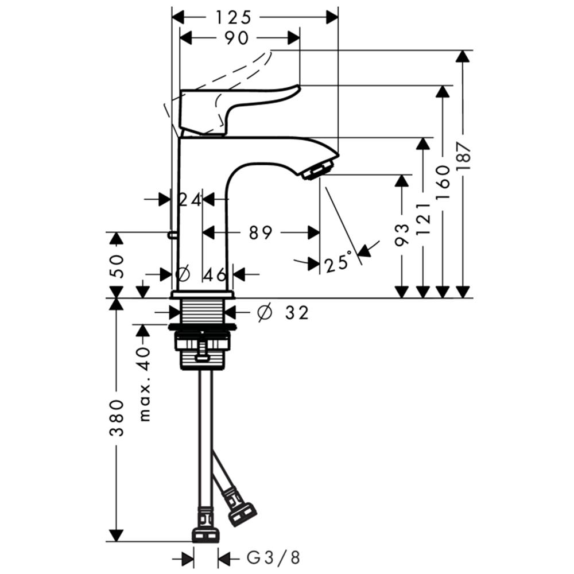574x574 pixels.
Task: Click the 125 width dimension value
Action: pyautogui.click(x=233, y=17)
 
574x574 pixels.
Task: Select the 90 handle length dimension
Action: pyautogui.click(x=236, y=38)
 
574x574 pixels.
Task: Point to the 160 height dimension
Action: pyautogui.click(x=443, y=182)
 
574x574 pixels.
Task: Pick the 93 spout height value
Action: pyautogui.click(x=402, y=234)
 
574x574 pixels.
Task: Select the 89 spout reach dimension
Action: pyautogui.click(x=261, y=232)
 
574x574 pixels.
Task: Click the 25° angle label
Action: pyautogui.click(x=338, y=261)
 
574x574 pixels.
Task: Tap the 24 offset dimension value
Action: pyautogui.click(x=190, y=200)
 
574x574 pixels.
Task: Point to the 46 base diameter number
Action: pyautogui.click(x=215, y=274)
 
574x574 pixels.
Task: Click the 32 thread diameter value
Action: pyautogui.click(x=297, y=313)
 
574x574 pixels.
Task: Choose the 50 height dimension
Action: pyautogui.click(x=117, y=266)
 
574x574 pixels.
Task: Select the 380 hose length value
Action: pyautogui.click(x=117, y=418)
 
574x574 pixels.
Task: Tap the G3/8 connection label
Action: pyautogui.click(x=273, y=558)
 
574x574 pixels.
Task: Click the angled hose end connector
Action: pyautogui.click(x=242, y=513)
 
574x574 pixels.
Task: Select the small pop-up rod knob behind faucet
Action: pyautogui.click(x=170, y=235)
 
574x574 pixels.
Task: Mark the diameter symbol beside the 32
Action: pyautogui.click(x=265, y=312)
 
